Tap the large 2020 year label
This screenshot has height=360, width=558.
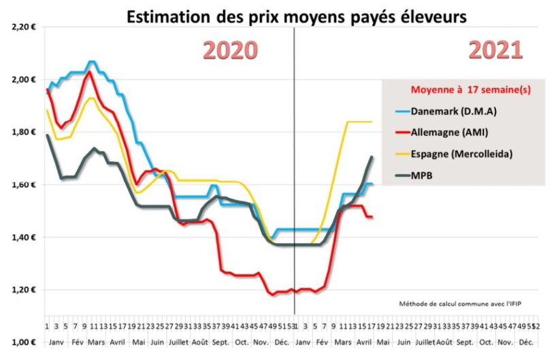coord(232,51)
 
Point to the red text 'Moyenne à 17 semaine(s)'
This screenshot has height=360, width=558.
coord(463,89)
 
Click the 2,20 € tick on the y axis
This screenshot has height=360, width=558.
coord(23,27)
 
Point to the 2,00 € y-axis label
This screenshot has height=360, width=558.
coord(23,80)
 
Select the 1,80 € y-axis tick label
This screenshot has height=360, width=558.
coord(23,132)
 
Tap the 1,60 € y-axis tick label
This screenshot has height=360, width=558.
coord(23,184)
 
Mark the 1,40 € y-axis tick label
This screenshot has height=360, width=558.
coord(23,238)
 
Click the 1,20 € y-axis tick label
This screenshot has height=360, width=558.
coord(23,290)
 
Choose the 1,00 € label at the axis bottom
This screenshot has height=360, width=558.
coord(23,342)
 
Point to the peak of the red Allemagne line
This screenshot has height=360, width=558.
coord(89,71)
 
